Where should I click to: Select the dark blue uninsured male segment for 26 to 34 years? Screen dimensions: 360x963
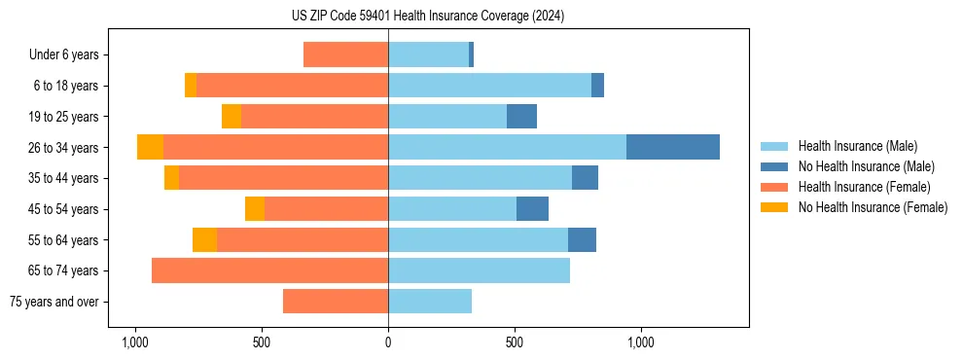pos(672,147)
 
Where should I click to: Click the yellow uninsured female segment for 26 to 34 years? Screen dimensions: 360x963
pos(150,147)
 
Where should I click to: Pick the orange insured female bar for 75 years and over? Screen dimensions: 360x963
pos(336,302)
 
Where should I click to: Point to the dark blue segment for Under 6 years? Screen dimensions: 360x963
pos(471,54)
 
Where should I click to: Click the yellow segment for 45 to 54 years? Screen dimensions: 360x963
pos(255,209)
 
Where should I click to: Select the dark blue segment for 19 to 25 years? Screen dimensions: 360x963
pos(521,117)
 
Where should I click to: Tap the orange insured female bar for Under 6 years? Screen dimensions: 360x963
pos(345,54)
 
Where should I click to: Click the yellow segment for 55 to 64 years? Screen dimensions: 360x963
pos(204,239)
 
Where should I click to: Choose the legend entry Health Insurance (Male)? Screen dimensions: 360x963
pos(857,146)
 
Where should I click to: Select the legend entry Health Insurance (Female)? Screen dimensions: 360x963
pos(864,187)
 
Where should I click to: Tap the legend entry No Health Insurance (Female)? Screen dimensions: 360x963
pos(873,207)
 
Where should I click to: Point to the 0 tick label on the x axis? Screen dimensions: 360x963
pos(388,342)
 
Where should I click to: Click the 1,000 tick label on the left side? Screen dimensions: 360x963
pos(134,342)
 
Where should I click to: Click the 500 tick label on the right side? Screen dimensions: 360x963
pos(515,342)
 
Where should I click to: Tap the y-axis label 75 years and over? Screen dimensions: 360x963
pos(54,302)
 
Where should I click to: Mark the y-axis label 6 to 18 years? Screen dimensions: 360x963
pos(66,86)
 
